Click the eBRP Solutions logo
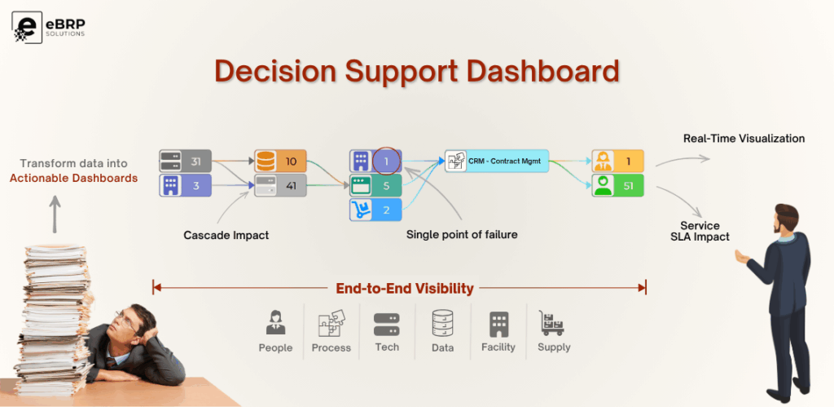pyautogui.click(x=48, y=24)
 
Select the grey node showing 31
pyautogui.click(x=185, y=161)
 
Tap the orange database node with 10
pyautogui.click(x=279, y=161)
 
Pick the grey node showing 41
pyautogui.click(x=279, y=186)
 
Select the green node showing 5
pyautogui.click(x=375, y=186)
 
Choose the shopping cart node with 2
pyautogui.click(x=375, y=210)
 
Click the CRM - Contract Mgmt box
pyautogui.click(x=497, y=161)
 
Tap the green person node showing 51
pyautogui.click(x=617, y=186)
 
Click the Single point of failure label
pyautogui.click(x=462, y=235)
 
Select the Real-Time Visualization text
pyautogui.click(x=744, y=139)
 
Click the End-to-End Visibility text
pyautogui.click(x=405, y=288)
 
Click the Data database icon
pyautogui.click(x=442, y=324)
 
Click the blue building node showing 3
pyautogui.click(x=185, y=186)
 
